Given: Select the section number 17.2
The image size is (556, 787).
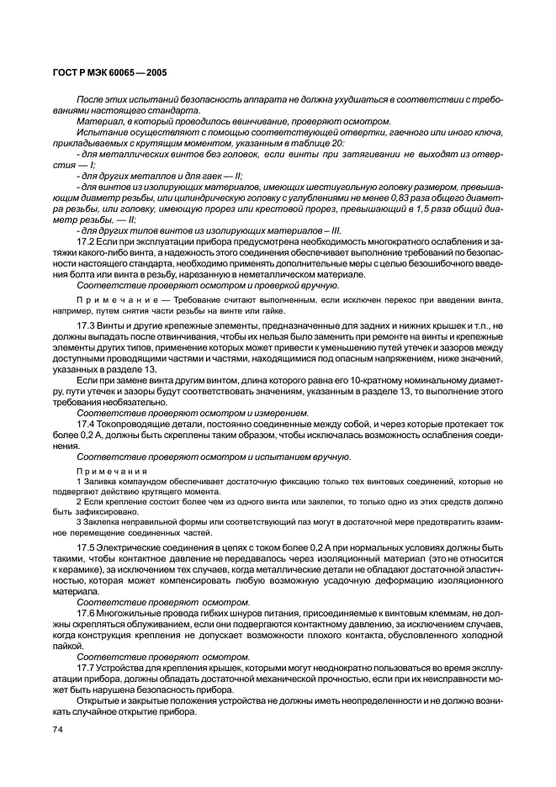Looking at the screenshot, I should pos(84,241).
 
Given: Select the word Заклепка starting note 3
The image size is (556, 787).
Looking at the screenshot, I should pos(101,522).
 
